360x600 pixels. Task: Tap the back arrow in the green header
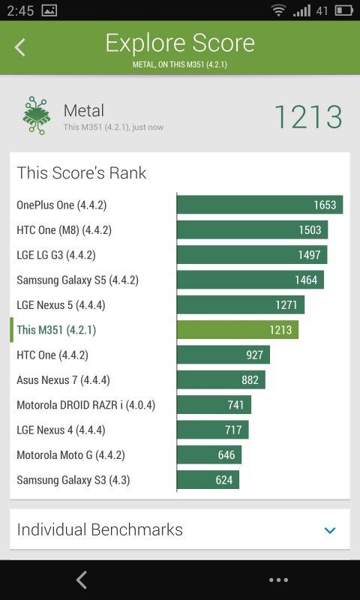(x=20, y=47)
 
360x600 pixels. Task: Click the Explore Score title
(x=180, y=43)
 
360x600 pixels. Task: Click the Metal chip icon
(x=36, y=115)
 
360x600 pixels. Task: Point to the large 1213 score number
(x=307, y=118)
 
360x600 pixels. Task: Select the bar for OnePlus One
(x=259, y=205)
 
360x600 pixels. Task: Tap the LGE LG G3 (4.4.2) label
(x=56, y=255)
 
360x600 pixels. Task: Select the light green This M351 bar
(x=237, y=330)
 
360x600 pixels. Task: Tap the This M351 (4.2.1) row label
(x=56, y=330)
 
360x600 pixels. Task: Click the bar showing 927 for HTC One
(x=223, y=355)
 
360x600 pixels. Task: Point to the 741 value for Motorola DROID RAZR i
(x=235, y=405)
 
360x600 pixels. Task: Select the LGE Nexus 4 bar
(x=212, y=430)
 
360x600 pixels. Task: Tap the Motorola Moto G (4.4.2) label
(x=70, y=455)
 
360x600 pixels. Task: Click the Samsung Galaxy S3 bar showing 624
(x=208, y=480)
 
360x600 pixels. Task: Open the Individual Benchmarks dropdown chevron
(x=330, y=530)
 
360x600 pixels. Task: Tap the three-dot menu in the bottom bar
(x=278, y=580)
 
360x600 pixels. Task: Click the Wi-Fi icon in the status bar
(x=279, y=10)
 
